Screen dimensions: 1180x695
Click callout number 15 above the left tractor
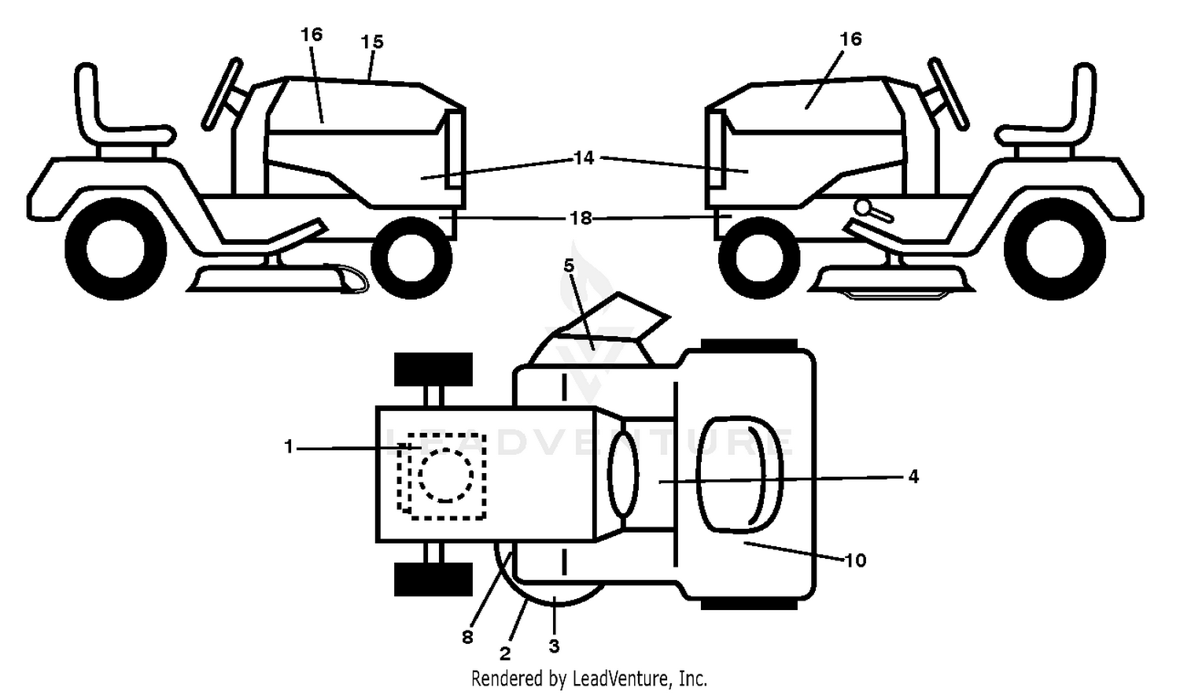[372, 43]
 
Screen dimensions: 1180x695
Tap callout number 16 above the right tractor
[850, 39]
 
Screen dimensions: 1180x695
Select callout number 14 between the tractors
[584, 157]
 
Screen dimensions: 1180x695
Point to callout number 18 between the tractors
[581, 218]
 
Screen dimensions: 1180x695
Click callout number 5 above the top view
[569, 265]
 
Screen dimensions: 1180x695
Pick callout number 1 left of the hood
[288, 447]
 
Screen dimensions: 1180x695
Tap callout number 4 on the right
[913, 476]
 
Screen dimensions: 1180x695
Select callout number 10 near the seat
[856, 560]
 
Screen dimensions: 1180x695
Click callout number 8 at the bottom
[467, 638]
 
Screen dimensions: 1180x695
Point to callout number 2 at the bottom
[505, 654]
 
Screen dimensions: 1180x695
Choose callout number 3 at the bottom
[554, 646]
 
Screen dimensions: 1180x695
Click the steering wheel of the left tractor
[222, 94]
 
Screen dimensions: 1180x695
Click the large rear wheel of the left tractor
[116, 249]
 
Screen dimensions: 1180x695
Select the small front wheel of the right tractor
[759, 257]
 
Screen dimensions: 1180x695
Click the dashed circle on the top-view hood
[446, 475]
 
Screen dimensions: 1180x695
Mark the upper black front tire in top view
[433, 370]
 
